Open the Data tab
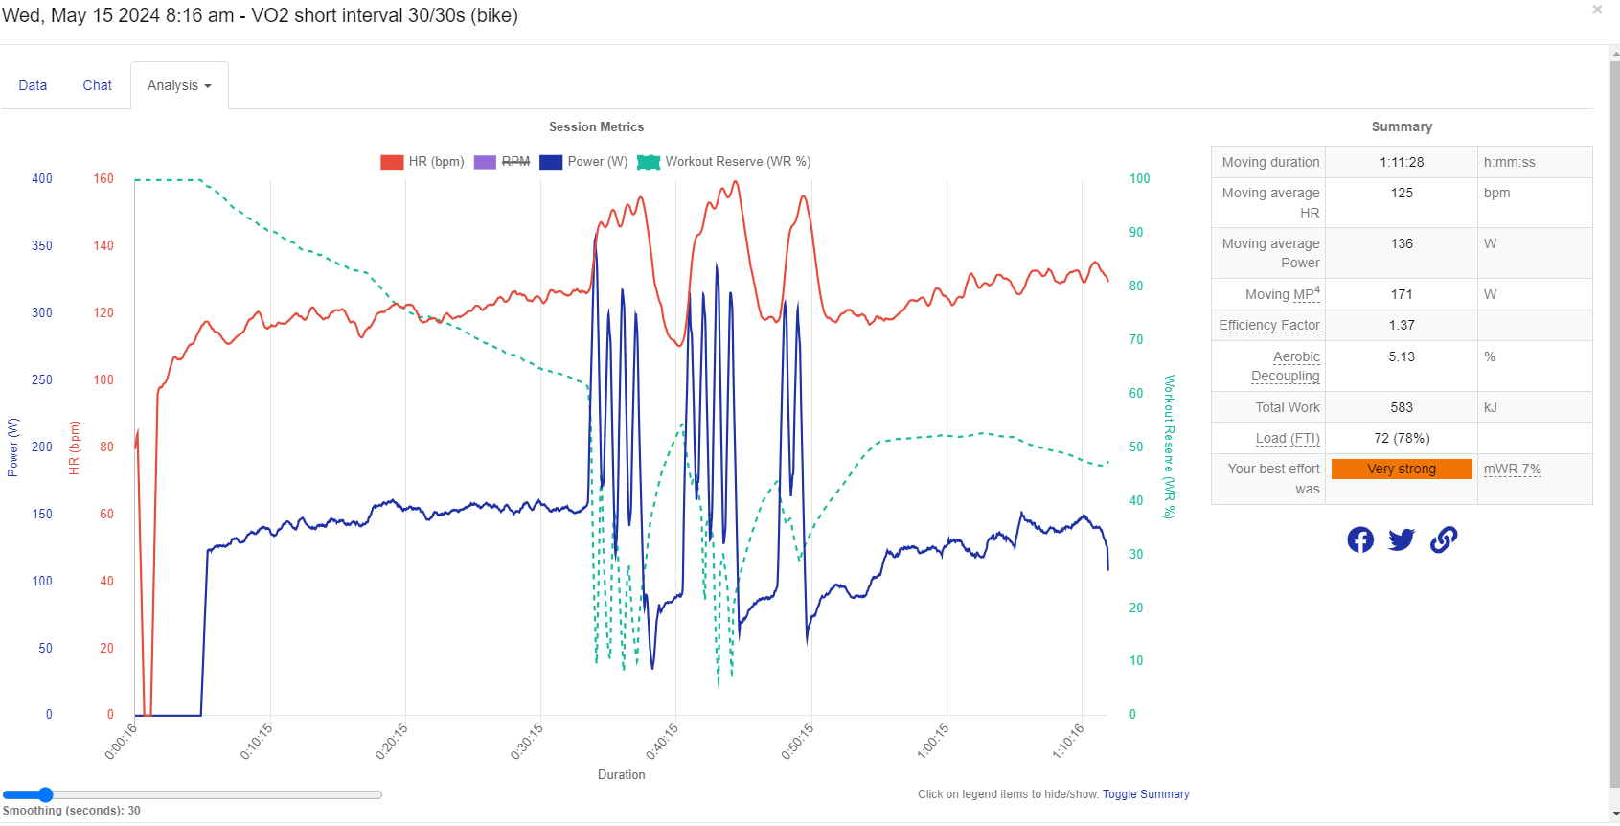[x=33, y=85]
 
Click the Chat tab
[x=97, y=85]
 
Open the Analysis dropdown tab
[x=179, y=85]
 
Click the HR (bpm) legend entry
[x=422, y=162]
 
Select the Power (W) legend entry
[x=583, y=162]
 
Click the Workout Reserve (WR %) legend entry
[x=724, y=162]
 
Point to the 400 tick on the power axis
[x=42, y=179]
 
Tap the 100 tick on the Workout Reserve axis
[x=1139, y=179]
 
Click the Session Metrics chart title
[x=596, y=126]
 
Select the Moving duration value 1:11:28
[x=1402, y=162]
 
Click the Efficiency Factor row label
[x=1268, y=325]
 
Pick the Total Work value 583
[x=1402, y=407]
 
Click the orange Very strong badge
[x=1402, y=469]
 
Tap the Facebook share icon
[x=1360, y=539]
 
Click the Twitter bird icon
[x=1402, y=539]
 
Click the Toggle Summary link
[x=1145, y=794]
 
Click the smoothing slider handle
[x=45, y=794]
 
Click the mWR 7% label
[x=1512, y=469]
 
